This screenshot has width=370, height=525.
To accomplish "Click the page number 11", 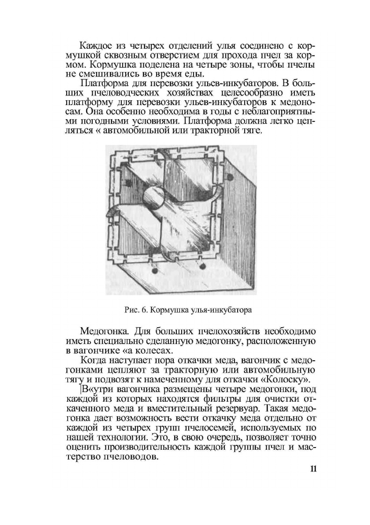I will pos(313,469).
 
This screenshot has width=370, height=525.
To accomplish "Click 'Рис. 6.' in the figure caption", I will pos(135,310).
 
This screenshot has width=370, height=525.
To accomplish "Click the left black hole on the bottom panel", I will pos(155,271).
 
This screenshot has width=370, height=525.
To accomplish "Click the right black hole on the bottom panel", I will pos(202,266).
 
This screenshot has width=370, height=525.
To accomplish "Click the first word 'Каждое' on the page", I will pos(97,47).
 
